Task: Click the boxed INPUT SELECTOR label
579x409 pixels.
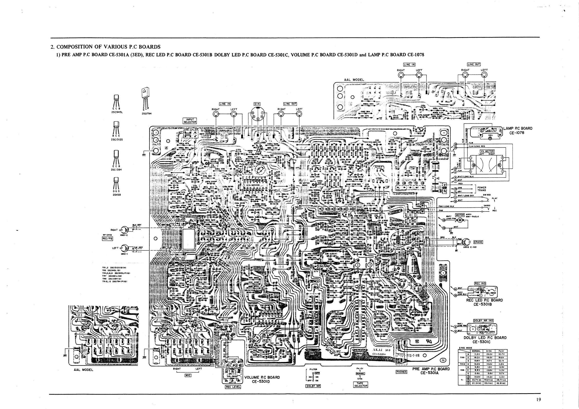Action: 190,121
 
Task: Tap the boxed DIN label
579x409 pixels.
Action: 257,104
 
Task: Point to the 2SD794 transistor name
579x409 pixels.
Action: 147,114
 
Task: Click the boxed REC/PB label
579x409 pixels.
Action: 107,239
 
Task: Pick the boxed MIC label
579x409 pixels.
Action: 188,375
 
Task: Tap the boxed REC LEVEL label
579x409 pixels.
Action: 233,387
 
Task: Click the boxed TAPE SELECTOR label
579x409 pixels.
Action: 361,384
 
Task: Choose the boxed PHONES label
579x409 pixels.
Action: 401,372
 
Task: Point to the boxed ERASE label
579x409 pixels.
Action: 478,242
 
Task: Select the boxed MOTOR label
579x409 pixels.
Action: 460,215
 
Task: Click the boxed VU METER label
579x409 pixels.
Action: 487,151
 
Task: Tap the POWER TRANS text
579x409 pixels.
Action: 482,189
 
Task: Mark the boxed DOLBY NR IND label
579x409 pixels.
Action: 483,321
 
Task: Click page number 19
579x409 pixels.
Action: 538,400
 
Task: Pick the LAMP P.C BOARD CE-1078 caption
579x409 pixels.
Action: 518,130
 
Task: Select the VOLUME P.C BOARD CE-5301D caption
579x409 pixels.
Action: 262,380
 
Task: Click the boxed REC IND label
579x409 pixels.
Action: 480,284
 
